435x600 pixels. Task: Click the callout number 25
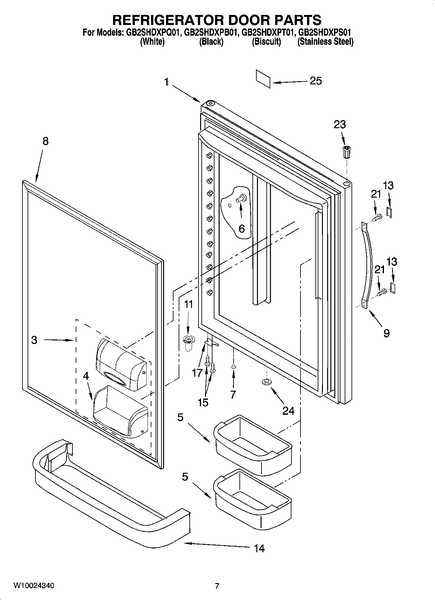(315, 80)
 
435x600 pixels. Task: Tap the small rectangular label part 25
(263, 79)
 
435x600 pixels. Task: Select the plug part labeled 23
(347, 152)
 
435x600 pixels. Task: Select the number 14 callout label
(259, 548)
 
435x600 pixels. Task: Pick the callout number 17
(197, 373)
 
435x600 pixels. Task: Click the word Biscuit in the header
(266, 42)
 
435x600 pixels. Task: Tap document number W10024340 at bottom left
(34, 585)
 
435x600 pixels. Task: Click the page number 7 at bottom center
(217, 586)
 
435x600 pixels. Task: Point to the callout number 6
(241, 228)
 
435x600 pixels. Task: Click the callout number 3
(34, 340)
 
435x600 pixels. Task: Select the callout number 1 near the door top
(166, 82)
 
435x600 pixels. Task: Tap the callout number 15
(203, 402)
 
